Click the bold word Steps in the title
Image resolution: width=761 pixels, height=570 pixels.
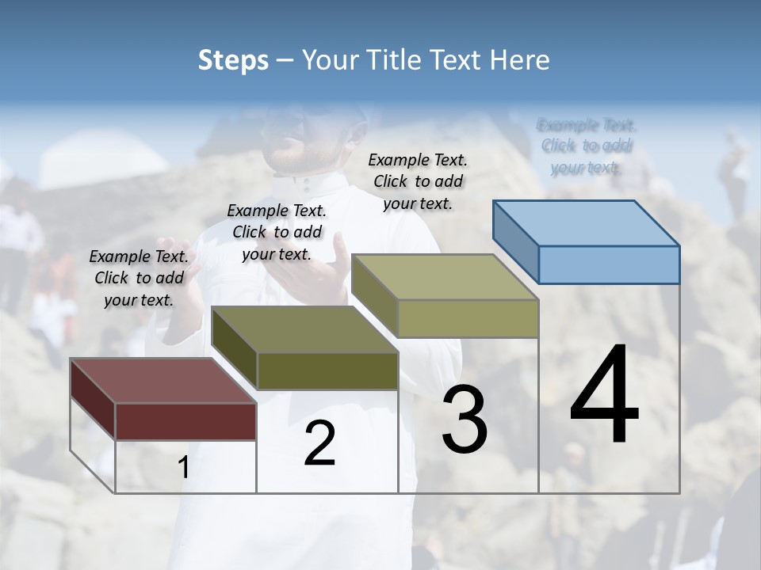(x=233, y=60)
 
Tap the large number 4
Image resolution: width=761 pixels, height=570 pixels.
(x=604, y=396)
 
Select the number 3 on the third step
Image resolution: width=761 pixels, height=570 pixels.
(x=465, y=420)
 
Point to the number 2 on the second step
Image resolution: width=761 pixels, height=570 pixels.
(x=319, y=444)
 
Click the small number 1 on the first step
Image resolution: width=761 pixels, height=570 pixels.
(x=184, y=468)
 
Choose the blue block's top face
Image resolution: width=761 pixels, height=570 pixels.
(x=587, y=223)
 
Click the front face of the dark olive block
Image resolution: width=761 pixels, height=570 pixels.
(x=327, y=370)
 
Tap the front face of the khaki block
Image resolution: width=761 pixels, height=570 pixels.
(x=468, y=318)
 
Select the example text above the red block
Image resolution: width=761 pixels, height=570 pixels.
(x=139, y=278)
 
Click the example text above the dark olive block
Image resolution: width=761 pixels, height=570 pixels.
(x=277, y=232)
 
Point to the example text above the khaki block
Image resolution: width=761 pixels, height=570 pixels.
(x=418, y=181)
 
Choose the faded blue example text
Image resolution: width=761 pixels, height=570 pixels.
(x=586, y=146)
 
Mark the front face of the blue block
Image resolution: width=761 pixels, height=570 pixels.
(x=609, y=264)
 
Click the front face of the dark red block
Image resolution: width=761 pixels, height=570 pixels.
(x=185, y=421)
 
